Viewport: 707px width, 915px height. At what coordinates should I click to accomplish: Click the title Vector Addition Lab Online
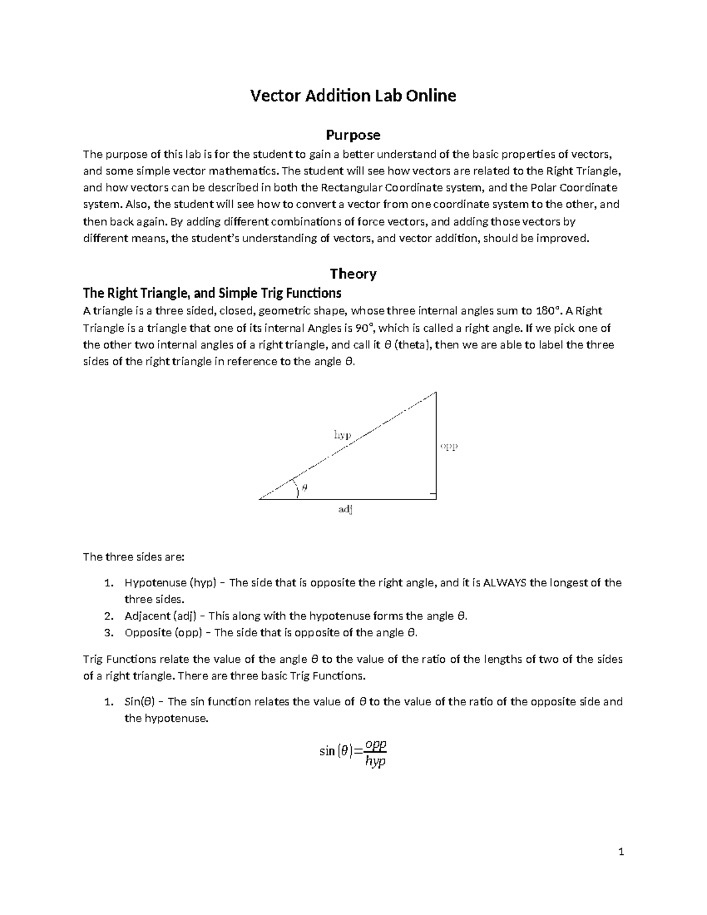click(x=353, y=95)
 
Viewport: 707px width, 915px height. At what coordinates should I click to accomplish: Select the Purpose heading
click(x=353, y=135)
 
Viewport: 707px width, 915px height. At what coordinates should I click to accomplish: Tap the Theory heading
click(x=353, y=273)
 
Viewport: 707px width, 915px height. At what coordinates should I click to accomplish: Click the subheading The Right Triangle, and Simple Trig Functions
click(x=212, y=293)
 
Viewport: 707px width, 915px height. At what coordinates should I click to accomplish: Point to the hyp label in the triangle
click(x=342, y=435)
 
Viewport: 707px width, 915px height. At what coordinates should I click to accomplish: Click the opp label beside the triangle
click(x=450, y=446)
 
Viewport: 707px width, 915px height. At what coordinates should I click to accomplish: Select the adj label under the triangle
click(x=345, y=510)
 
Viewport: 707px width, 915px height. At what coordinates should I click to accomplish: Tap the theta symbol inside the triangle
click(x=305, y=487)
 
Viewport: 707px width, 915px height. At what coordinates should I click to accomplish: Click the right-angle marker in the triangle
click(x=433, y=495)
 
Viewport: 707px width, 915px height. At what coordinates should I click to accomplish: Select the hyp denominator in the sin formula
click(x=375, y=762)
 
